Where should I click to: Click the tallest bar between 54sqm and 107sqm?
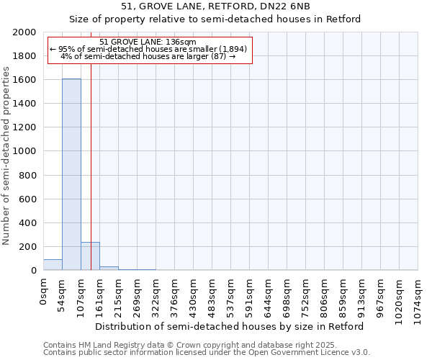coord(71,174)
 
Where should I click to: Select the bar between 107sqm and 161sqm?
coord(90,256)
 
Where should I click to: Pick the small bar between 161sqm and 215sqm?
coord(109,269)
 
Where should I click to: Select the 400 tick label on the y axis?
coord(28,223)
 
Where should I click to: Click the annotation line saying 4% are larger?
coord(148,56)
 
